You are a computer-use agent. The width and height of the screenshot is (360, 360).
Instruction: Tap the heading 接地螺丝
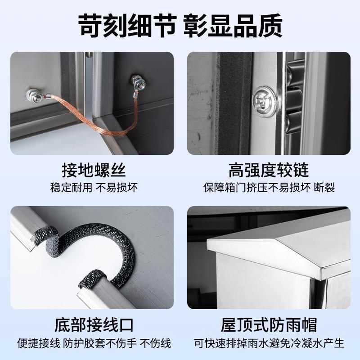(x=94, y=171)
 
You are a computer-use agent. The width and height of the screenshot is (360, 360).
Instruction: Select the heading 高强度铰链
(x=269, y=171)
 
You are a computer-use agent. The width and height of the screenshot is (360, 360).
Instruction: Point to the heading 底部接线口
(x=94, y=324)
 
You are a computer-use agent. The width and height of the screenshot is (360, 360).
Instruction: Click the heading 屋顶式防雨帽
(x=269, y=324)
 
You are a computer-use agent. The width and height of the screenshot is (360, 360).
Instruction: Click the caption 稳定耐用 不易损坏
(x=94, y=187)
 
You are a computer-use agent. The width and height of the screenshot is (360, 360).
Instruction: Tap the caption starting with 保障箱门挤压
(x=269, y=187)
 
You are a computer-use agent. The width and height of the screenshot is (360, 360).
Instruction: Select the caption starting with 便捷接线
(x=94, y=343)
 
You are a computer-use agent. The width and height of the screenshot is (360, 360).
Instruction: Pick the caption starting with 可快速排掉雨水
(x=269, y=343)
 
